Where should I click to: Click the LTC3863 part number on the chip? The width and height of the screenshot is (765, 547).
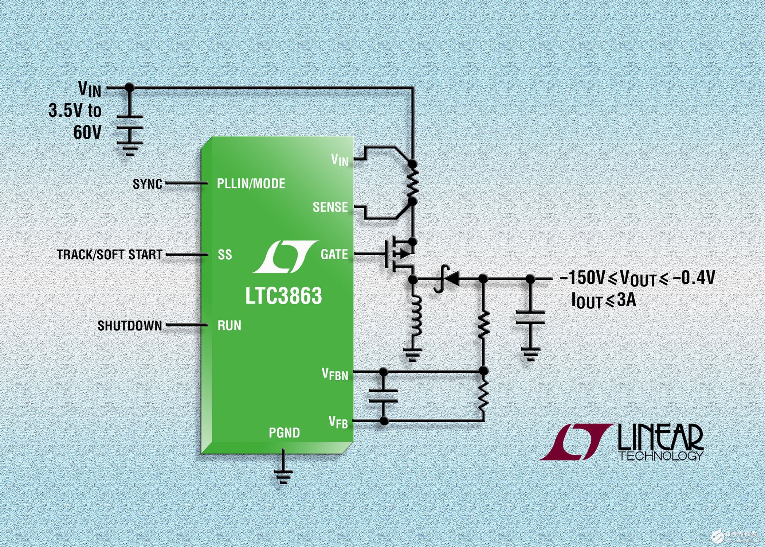click(x=283, y=295)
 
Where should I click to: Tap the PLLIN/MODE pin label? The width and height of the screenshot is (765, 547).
click(x=251, y=183)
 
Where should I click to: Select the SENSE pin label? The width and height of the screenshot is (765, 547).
click(x=330, y=207)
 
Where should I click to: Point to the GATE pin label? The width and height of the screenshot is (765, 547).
click(x=334, y=254)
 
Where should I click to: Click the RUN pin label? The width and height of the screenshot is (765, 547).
click(x=229, y=325)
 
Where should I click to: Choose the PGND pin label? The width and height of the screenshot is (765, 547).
click(x=284, y=433)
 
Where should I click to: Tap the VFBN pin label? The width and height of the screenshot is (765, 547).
click(x=335, y=374)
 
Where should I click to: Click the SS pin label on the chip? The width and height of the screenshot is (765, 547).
click(x=225, y=255)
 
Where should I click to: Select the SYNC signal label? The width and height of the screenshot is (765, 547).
click(x=148, y=184)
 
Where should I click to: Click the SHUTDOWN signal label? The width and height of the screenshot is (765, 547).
click(x=130, y=326)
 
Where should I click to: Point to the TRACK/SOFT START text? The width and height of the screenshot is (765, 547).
click(x=110, y=255)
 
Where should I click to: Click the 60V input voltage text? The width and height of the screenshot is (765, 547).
click(x=87, y=132)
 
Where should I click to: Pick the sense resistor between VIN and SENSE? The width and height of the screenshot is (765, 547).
click(x=413, y=183)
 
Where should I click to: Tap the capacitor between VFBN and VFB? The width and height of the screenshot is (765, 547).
click(x=383, y=396)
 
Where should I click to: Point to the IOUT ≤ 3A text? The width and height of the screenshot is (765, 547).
click(x=604, y=300)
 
